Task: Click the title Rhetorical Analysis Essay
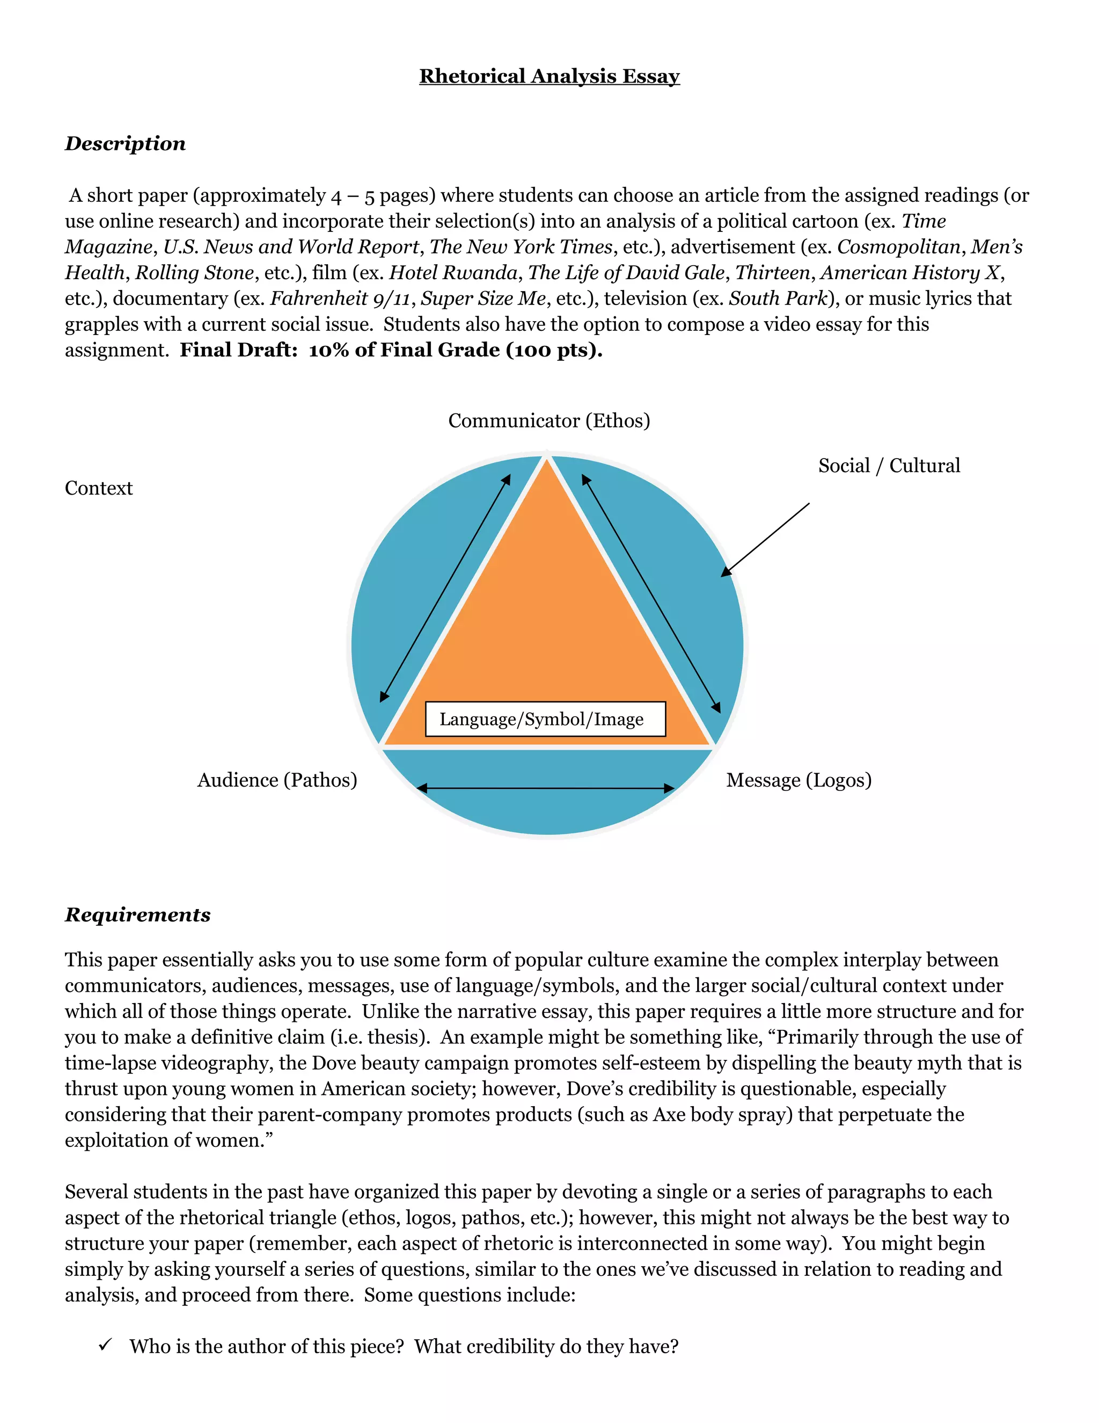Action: (549, 76)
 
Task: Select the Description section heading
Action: (125, 143)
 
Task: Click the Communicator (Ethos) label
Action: (549, 420)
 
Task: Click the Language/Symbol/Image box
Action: (545, 720)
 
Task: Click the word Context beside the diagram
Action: (98, 488)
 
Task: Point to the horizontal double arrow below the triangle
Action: (546, 788)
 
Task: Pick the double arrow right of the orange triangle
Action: (651, 593)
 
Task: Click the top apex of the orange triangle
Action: (547, 461)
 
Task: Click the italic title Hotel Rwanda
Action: (453, 272)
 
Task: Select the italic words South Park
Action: (778, 299)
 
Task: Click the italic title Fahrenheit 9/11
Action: (340, 299)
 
